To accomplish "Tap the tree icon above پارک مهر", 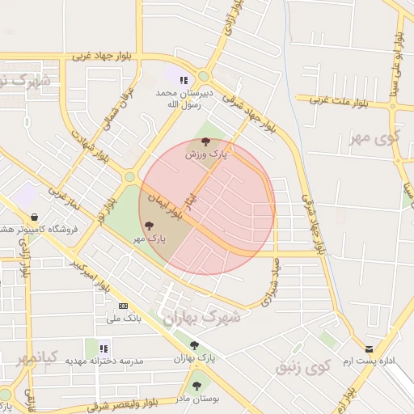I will tap(146, 226).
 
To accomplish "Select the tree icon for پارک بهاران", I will tap(193, 345).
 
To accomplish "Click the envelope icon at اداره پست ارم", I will tap(370, 349).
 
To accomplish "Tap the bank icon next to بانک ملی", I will tap(123, 306).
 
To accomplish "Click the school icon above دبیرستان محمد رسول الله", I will tap(184, 80).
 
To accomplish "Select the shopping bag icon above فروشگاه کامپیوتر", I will tap(34, 217).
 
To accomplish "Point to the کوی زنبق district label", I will tap(303, 368).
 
